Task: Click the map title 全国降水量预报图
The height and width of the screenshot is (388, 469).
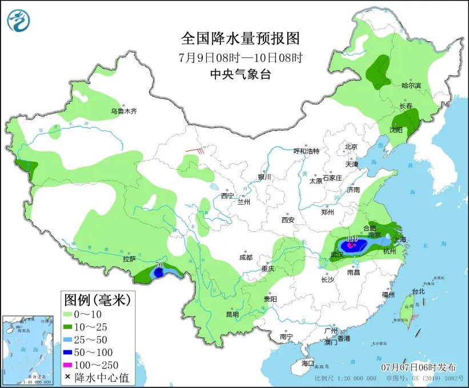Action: (x=240, y=38)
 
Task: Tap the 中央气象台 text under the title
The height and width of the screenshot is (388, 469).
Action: (x=240, y=74)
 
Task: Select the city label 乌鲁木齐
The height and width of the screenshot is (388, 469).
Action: (x=124, y=111)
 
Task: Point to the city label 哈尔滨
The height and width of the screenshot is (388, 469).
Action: (x=410, y=86)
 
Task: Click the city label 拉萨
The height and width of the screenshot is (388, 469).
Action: (x=129, y=259)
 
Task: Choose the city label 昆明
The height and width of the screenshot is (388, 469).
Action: (x=232, y=314)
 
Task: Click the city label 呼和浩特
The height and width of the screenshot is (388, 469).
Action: (x=306, y=151)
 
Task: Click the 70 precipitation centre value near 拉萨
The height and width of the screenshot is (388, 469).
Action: (x=159, y=266)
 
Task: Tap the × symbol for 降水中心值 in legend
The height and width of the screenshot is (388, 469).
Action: (x=68, y=377)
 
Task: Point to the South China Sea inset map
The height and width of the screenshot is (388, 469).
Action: (x=30, y=349)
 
